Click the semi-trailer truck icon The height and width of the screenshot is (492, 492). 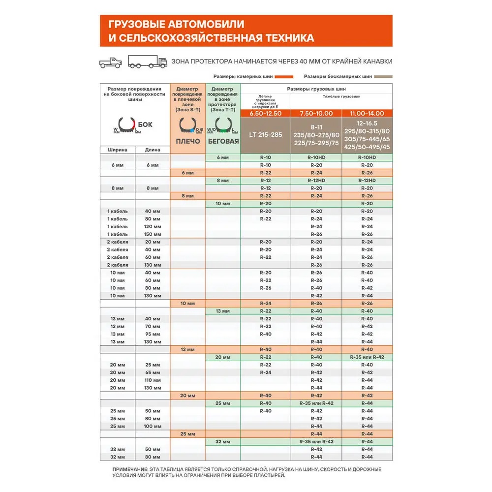(148, 61)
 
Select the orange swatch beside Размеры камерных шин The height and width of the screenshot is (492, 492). (284, 77)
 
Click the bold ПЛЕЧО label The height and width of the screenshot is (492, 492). (187, 141)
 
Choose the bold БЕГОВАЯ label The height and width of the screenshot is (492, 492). (223, 141)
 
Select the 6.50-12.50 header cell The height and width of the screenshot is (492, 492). (265, 114)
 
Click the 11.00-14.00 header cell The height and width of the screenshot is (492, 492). (367, 114)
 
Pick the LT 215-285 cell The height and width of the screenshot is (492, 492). (265, 134)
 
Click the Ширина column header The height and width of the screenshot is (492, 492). (118, 150)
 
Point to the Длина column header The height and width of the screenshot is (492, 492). (153, 150)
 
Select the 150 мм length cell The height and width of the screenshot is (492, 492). (153, 234)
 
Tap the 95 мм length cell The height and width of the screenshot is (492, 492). (153, 334)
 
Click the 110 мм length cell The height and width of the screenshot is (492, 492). (153, 380)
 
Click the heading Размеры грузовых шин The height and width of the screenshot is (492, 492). (316, 89)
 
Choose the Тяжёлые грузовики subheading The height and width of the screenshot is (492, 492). (341, 97)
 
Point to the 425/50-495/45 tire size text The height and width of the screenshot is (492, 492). (367, 147)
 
